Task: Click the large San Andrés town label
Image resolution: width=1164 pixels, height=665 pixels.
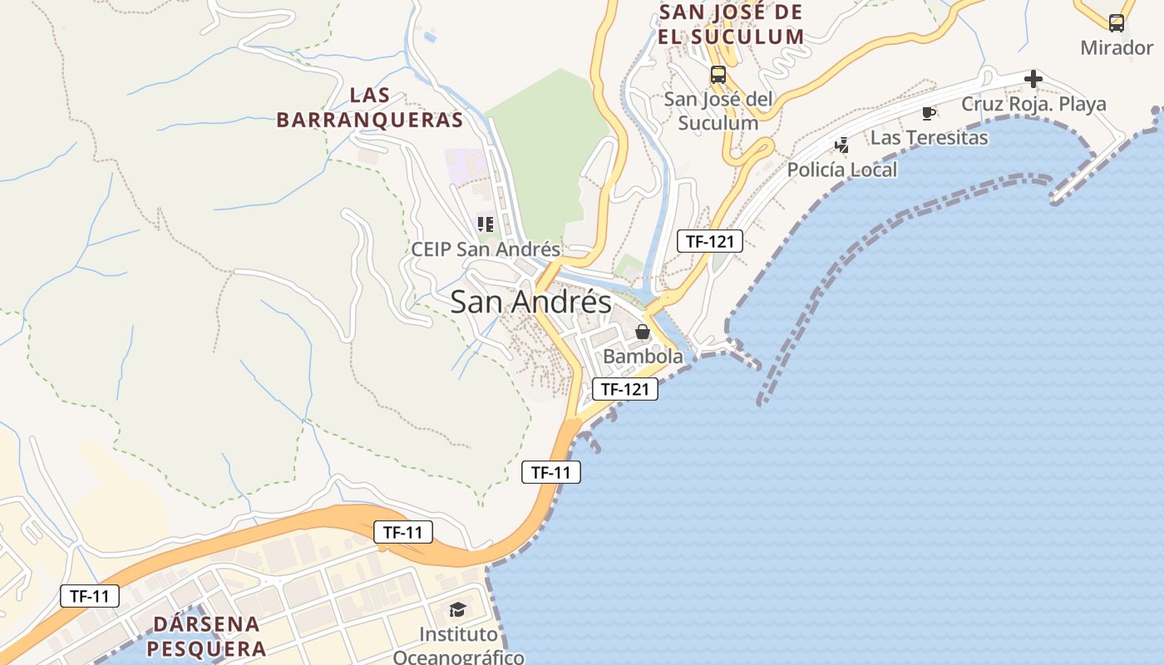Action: pos(530,302)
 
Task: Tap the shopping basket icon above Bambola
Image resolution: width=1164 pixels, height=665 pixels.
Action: pos(643,332)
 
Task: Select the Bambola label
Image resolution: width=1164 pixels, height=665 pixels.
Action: pos(643,357)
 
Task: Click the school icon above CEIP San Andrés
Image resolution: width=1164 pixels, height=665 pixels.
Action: pos(486,224)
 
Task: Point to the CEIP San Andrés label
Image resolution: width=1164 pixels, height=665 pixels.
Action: pos(486,249)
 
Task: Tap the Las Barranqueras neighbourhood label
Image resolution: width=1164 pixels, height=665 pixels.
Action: pos(369,108)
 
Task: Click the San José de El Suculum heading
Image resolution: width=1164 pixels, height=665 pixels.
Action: pos(731,24)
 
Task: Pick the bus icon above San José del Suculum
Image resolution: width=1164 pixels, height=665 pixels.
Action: pos(718,75)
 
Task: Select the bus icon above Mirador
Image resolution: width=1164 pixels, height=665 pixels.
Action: pos(1117,23)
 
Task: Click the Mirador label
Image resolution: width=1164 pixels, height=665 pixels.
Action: pos(1117,47)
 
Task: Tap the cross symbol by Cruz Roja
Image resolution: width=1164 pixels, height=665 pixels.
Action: pos(1033,79)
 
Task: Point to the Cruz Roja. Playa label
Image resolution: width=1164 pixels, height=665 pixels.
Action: pos(1033,104)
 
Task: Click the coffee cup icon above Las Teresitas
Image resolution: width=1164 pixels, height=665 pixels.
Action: pos(929,113)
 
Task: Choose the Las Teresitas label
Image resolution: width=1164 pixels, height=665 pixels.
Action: pos(929,137)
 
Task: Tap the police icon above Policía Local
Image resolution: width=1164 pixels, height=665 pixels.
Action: pos(842,145)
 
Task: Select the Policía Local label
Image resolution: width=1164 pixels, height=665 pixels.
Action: pos(842,170)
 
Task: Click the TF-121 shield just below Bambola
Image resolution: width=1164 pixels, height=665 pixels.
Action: pos(625,388)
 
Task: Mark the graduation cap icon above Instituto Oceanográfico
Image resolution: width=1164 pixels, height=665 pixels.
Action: pos(458,610)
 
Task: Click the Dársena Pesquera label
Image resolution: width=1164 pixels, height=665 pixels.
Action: pos(208,636)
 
